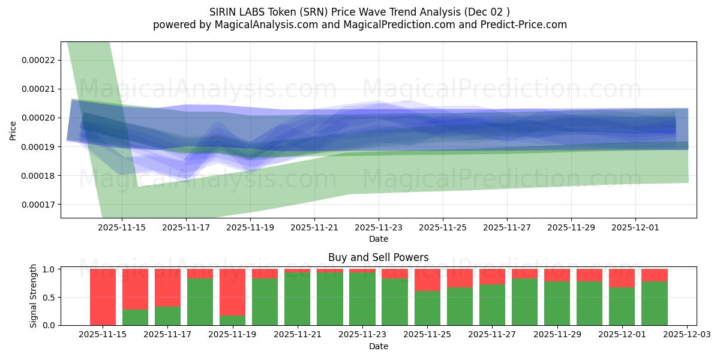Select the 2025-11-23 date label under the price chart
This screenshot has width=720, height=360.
[x=379, y=228]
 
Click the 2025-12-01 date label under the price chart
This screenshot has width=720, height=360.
[x=636, y=228]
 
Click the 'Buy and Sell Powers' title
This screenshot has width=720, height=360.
[x=378, y=257]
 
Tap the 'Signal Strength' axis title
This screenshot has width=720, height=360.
[x=34, y=296]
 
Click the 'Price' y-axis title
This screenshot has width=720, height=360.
[x=13, y=130]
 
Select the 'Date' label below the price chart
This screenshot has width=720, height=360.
[x=379, y=239]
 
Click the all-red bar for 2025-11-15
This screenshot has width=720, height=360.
[x=103, y=297]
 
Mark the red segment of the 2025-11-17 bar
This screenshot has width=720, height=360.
[x=167, y=287]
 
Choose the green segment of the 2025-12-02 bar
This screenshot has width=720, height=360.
[x=654, y=303]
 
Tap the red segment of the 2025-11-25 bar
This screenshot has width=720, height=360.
[x=427, y=280]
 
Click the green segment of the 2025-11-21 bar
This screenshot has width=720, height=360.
[x=297, y=299]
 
